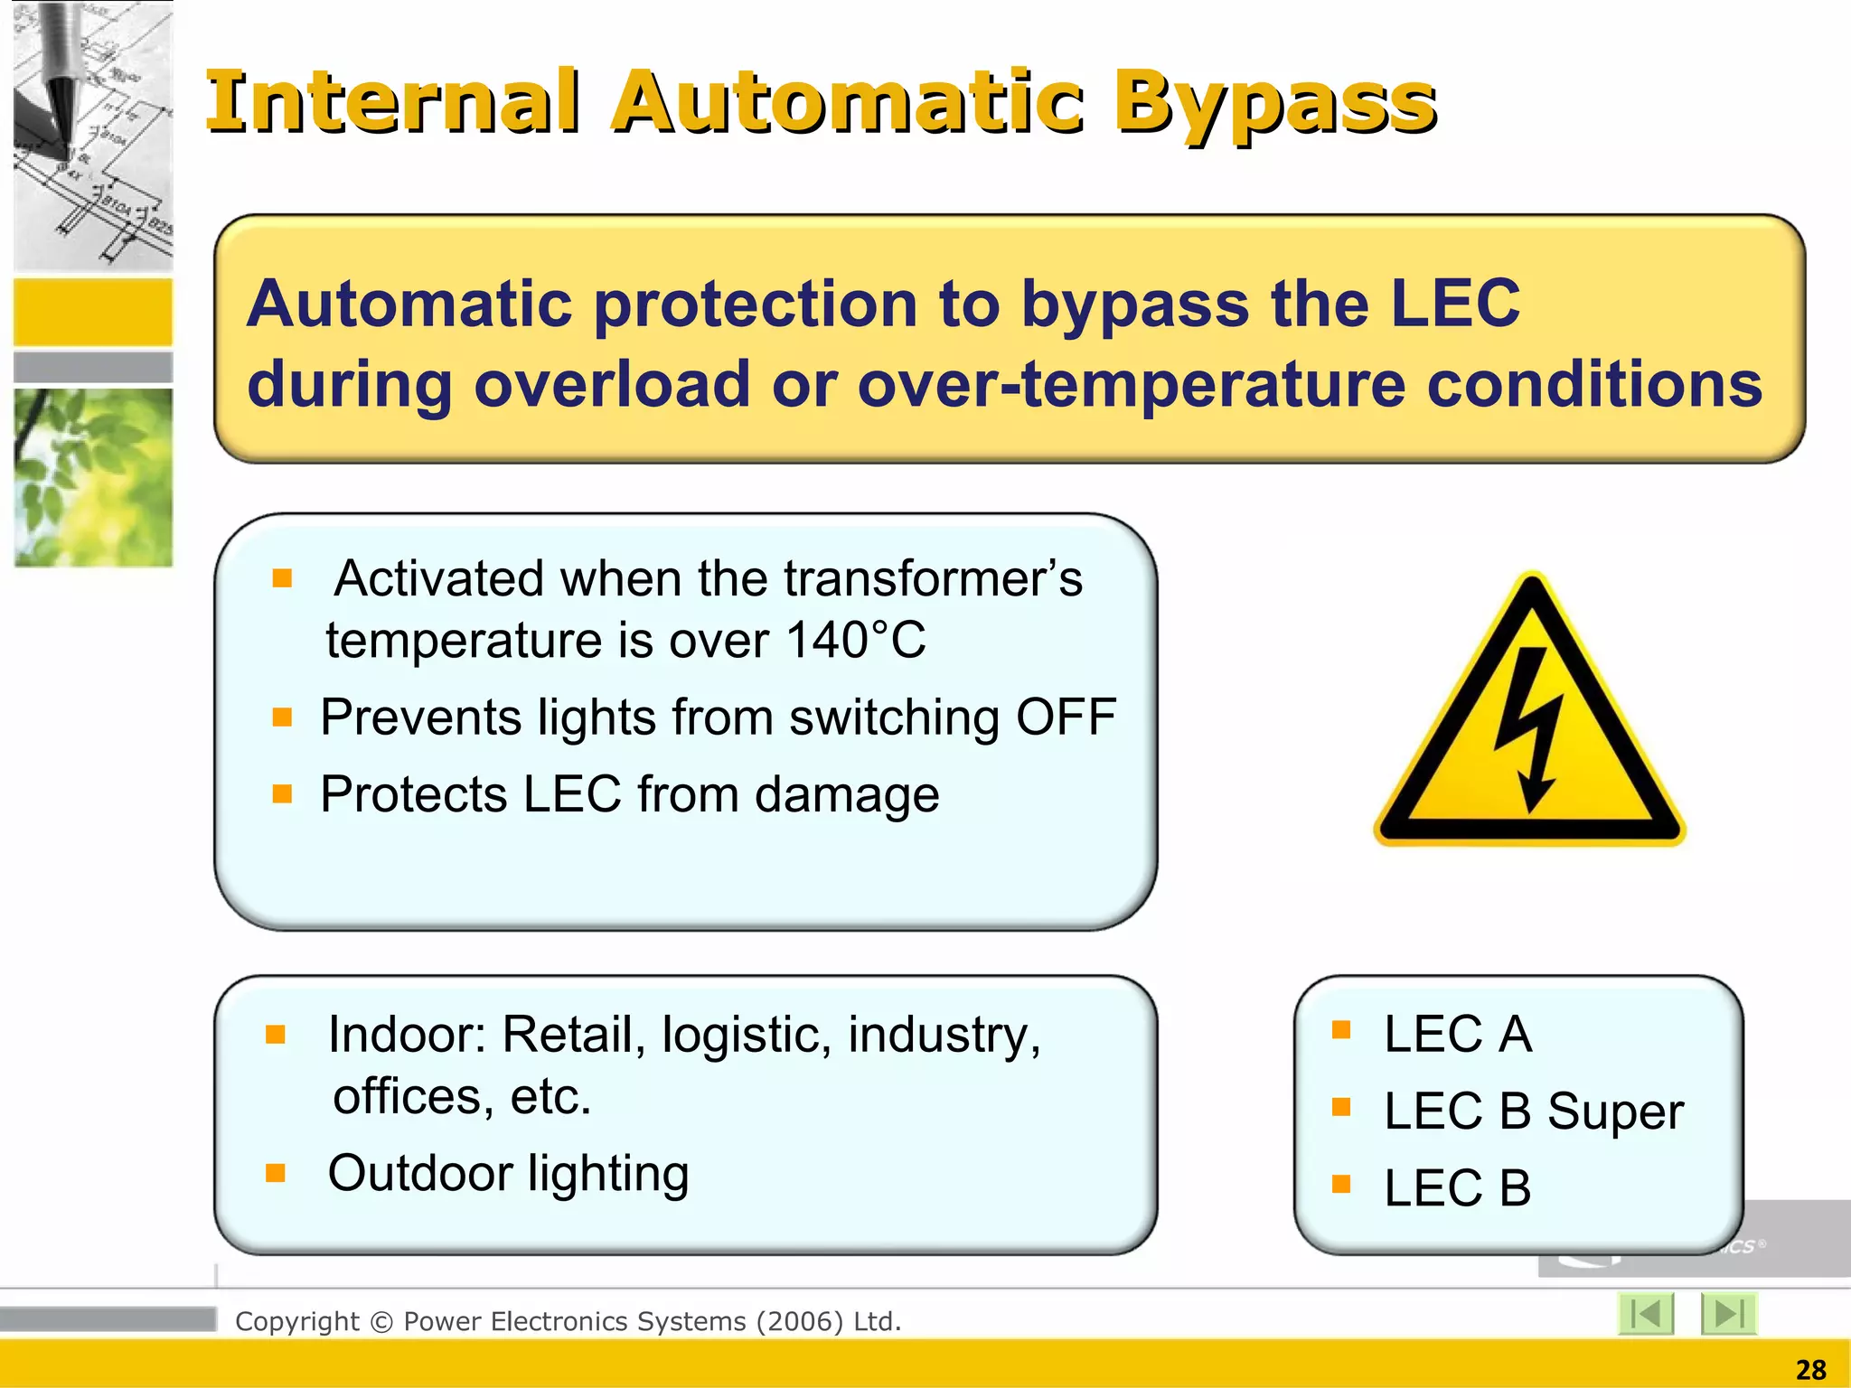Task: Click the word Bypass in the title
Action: pos(1274,104)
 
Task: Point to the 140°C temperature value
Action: pos(855,641)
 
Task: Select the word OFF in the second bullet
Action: pos(1066,717)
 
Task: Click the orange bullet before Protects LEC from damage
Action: pos(282,793)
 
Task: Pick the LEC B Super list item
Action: pos(1533,1111)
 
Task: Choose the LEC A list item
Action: pos(1457,1034)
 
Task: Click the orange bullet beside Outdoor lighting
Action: pos(276,1173)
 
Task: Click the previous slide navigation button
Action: pos(1646,1313)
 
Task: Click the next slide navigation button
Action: pos(1728,1313)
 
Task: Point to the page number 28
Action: pos(1810,1370)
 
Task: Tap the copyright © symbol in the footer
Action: pos(381,1322)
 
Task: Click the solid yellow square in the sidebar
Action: pos(93,312)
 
